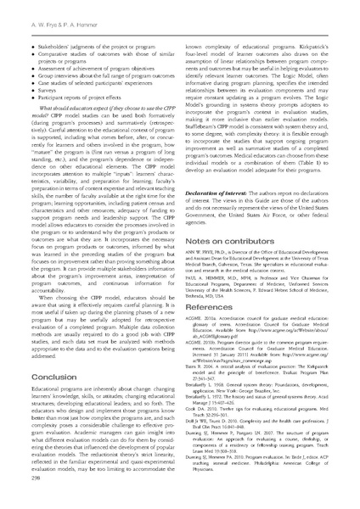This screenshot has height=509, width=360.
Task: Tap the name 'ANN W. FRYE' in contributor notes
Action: pos(204,256)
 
